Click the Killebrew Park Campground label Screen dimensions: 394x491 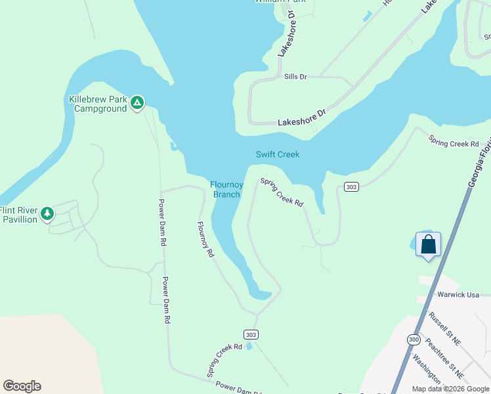[98, 104]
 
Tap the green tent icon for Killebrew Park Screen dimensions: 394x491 [137, 102]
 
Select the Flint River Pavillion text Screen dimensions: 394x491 [18, 215]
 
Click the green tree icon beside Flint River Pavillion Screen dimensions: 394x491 [47, 213]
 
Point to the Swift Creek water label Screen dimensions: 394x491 [277, 154]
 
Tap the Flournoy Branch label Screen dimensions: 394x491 [226, 189]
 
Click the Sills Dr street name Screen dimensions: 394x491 [295, 77]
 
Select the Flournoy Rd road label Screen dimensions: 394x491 [205, 239]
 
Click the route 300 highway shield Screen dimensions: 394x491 [414, 339]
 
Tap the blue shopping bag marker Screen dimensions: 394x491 [428, 245]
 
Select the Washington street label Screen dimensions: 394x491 [427, 369]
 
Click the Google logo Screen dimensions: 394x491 [22, 386]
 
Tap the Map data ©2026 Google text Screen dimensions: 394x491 [450, 389]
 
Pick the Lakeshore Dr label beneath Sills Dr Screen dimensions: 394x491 [301, 118]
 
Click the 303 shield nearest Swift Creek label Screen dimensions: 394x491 [351, 187]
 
